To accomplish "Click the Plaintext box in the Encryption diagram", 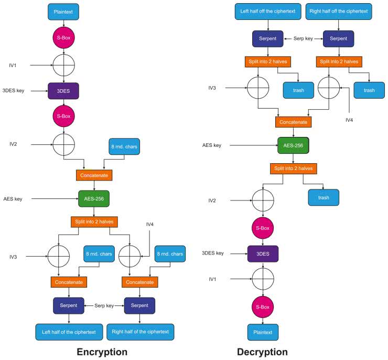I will (x=64, y=11).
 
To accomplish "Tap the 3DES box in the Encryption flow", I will (x=63, y=91).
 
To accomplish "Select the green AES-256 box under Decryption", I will (x=293, y=145).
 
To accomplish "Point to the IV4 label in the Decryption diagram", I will (x=350, y=120).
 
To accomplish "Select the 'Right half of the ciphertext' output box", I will (x=140, y=332).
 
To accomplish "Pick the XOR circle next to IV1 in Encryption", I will (x=64, y=66).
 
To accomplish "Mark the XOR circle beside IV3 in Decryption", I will (x=258, y=88).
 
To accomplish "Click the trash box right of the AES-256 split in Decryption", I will (x=323, y=197).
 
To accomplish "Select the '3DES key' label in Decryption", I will (x=213, y=253).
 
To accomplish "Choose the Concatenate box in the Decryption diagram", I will (x=293, y=122).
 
